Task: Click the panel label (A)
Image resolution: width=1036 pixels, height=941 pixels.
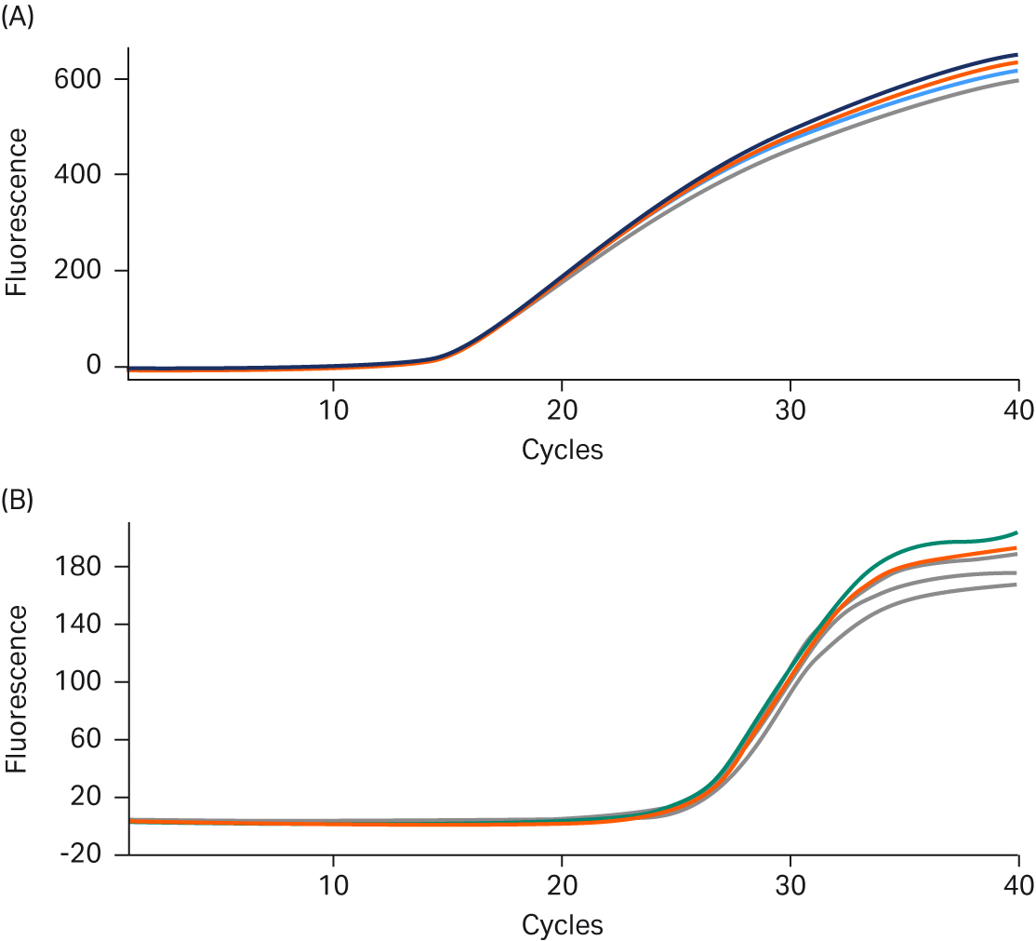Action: tap(18, 17)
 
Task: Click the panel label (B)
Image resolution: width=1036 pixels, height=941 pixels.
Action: tap(18, 500)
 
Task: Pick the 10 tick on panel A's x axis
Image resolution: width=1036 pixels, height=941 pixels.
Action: tap(333, 410)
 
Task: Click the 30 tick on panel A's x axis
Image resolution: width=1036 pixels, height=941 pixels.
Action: tap(790, 410)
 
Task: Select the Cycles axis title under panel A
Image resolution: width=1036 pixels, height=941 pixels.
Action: tap(562, 450)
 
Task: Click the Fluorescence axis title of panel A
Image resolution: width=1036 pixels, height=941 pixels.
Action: tap(17, 212)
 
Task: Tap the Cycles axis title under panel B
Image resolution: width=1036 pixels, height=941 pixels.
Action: tap(562, 925)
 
